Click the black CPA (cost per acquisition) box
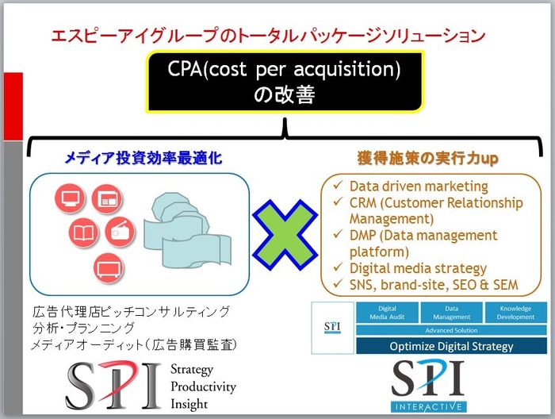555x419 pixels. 284,83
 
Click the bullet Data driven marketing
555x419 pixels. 419,186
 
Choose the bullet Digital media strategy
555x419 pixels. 418,268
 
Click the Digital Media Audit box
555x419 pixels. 388,313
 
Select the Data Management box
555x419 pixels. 450,313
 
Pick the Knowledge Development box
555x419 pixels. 513,313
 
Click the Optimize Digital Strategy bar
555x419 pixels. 450,346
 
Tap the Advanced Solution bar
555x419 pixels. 450,330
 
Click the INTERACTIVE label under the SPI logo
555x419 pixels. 429,406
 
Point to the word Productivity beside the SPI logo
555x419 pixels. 203,386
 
